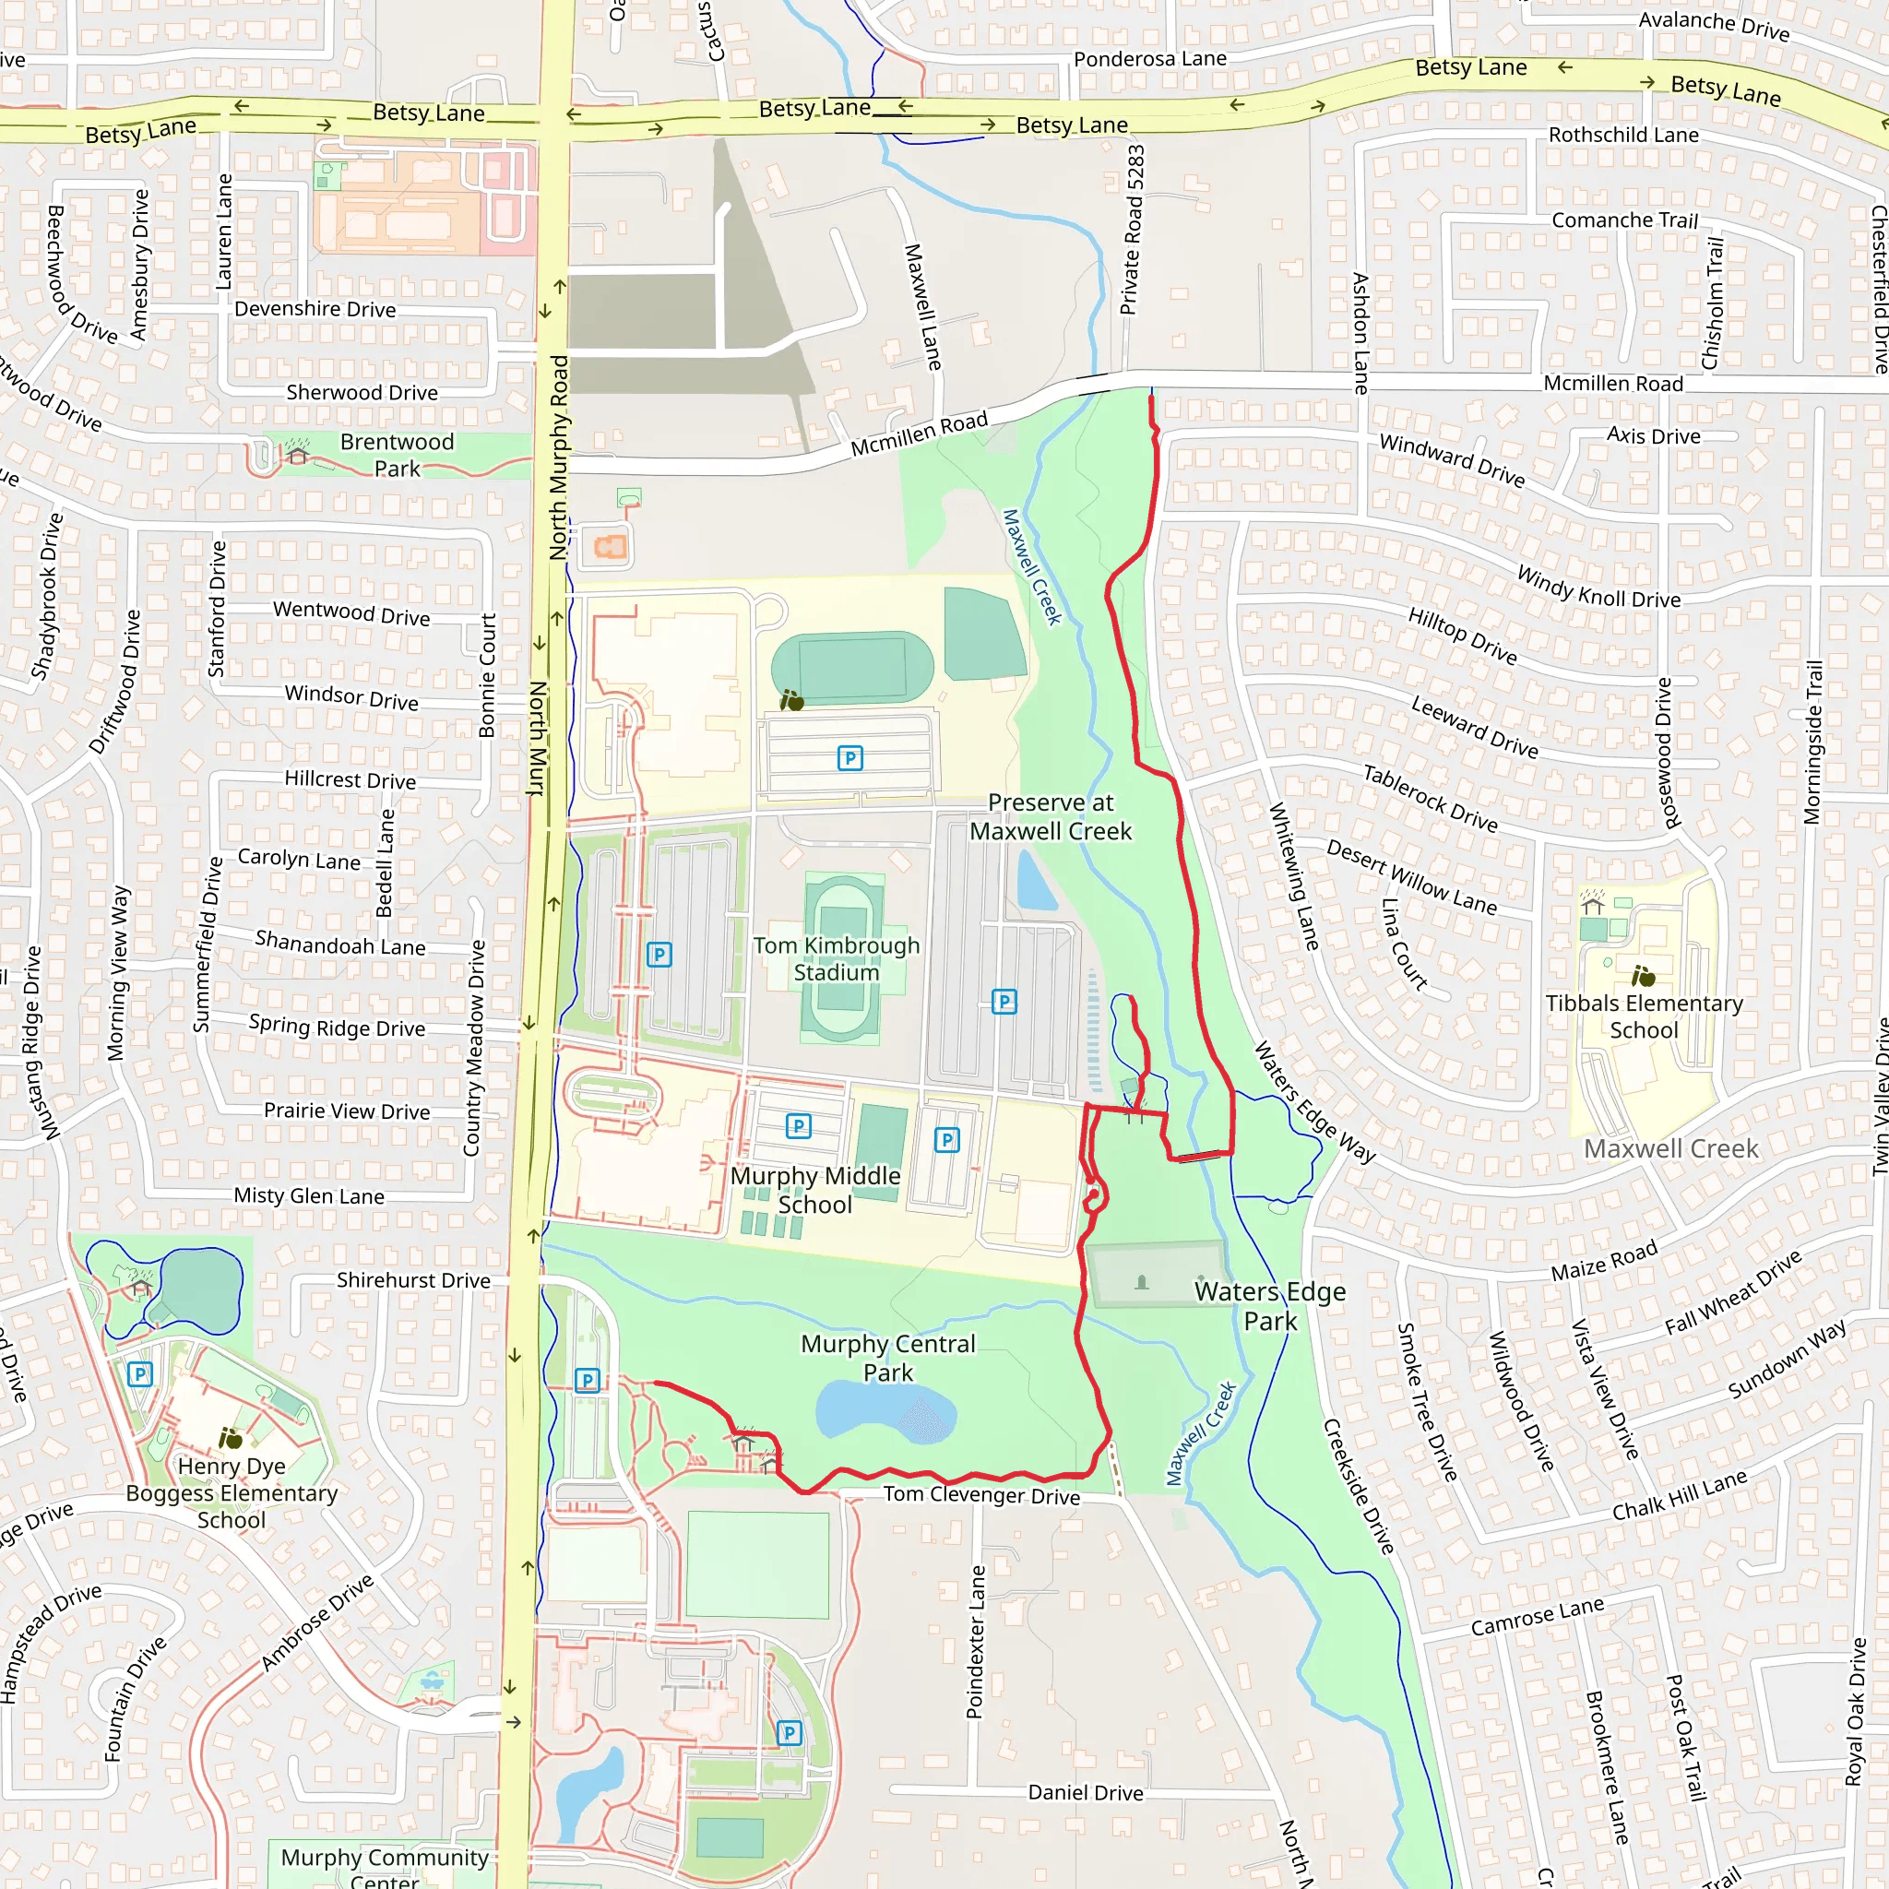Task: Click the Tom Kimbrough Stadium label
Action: pyautogui.click(x=836, y=959)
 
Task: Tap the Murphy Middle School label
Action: pyautogui.click(x=815, y=1190)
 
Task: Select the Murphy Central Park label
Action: pyautogui.click(x=888, y=1358)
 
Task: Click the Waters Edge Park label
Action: pyautogui.click(x=1270, y=1306)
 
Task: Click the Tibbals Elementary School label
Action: pyautogui.click(x=1644, y=1016)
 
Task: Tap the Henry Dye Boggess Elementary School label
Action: pyautogui.click(x=232, y=1493)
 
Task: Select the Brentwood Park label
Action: pyautogui.click(x=397, y=456)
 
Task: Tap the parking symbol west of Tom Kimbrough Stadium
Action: pyautogui.click(x=659, y=956)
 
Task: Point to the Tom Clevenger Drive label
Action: pyautogui.click(x=981, y=1495)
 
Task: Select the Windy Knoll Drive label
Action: pyautogui.click(x=1598, y=587)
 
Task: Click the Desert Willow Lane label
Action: pyautogui.click(x=1411, y=877)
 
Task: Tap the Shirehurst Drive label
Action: pyautogui.click(x=413, y=1281)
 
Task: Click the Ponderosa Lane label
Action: pyautogui.click(x=1150, y=59)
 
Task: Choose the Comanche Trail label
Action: pyautogui.click(x=1625, y=220)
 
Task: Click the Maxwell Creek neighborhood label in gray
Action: pyautogui.click(x=1671, y=1149)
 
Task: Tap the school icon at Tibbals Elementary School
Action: pyautogui.click(x=1643, y=976)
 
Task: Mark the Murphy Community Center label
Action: pyautogui.click(x=385, y=1866)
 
